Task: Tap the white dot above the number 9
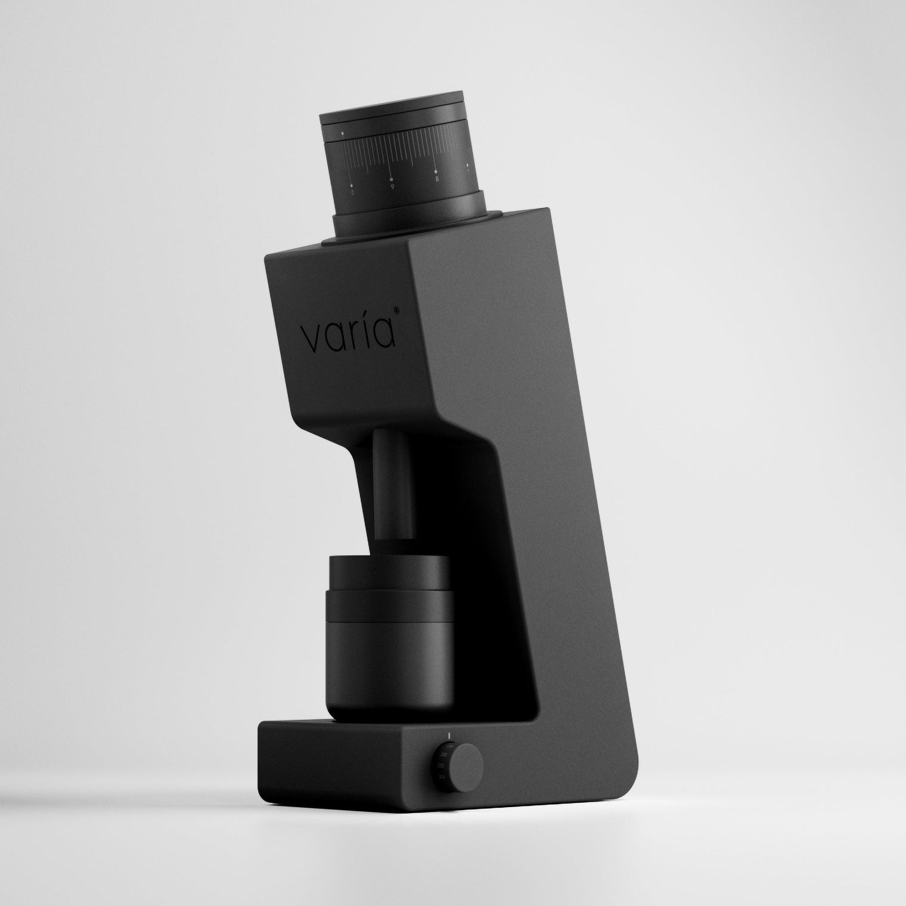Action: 391,178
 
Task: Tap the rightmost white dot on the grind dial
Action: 468,165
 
